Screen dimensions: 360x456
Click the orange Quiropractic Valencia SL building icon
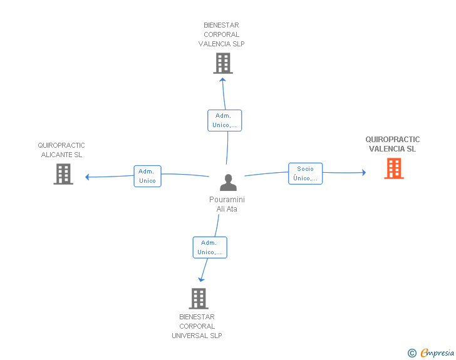coord(394,168)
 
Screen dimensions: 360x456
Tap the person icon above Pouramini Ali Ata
coord(228,182)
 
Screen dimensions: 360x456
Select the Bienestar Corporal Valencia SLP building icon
coord(223,63)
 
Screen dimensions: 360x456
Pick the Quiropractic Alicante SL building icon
coord(63,174)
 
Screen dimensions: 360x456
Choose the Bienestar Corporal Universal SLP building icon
coord(199,299)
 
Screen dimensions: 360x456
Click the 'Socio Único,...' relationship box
coord(305,173)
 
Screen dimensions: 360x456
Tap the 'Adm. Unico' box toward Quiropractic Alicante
coord(147,176)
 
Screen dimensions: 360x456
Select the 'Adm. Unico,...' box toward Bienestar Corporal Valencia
coord(224,120)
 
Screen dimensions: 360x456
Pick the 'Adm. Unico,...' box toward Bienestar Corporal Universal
coord(209,247)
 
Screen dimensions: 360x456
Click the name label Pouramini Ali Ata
coord(227,204)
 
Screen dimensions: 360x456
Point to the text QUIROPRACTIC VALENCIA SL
coord(393,144)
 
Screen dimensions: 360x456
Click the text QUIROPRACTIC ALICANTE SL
coord(61,150)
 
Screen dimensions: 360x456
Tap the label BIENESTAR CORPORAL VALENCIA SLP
coord(221,34)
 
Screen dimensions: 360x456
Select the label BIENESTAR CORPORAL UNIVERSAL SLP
coord(197,326)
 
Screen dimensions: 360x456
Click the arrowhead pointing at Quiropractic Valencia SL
coord(363,172)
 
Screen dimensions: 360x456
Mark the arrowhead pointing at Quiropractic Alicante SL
coord(88,177)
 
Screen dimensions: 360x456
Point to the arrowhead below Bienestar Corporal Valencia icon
coord(223,80)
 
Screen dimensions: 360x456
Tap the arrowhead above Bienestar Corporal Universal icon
coord(200,279)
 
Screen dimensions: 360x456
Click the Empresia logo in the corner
coord(437,353)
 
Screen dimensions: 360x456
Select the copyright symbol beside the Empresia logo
coord(412,353)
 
